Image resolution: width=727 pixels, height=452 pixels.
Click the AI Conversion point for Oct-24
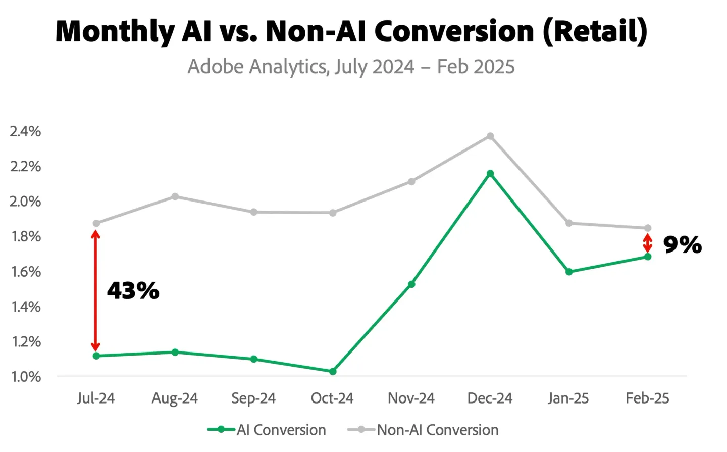[x=333, y=371]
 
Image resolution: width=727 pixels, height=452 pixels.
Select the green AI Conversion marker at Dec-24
[x=490, y=174]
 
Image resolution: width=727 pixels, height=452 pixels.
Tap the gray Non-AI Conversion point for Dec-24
[x=490, y=136]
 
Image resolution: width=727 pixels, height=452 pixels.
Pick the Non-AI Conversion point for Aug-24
[x=175, y=196]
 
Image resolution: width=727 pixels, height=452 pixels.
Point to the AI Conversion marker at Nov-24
[x=411, y=284]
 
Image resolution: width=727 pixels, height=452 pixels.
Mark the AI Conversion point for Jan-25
[x=569, y=272]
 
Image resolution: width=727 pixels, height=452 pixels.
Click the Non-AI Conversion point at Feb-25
[x=648, y=228]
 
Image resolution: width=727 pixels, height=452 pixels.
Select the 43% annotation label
[x=133, y=291]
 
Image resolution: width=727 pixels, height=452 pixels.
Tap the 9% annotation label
[x=682, y=245]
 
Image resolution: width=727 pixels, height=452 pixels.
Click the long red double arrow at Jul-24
[x=95, y=290]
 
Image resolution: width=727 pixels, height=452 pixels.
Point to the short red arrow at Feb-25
[x=648, y=243]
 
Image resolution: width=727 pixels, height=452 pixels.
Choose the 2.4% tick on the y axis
[x=26, y=131]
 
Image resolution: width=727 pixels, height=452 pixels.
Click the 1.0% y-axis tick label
[x=26, y=377]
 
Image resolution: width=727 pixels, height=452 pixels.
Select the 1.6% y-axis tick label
[x=26, y=272]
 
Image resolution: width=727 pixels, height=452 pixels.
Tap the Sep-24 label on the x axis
[x=253, y=398]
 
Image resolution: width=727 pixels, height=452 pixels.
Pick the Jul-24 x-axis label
[x=96, y=398]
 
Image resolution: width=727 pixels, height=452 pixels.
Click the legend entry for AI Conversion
[x=267, y=430]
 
